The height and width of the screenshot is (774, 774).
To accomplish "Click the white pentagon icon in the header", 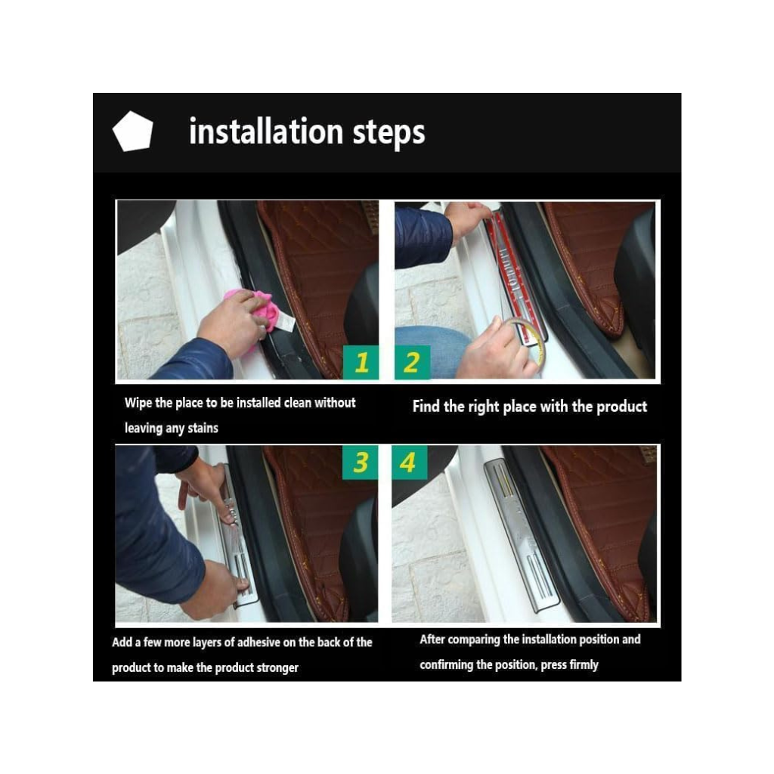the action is (x=133, y=132).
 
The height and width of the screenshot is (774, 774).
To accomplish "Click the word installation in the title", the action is (x=266, y=132).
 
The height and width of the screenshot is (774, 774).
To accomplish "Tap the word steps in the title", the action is (x=389, y=133).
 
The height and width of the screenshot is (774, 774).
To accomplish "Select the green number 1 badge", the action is (x=361, y=362).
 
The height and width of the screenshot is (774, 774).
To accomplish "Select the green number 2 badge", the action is (x=412, y=362).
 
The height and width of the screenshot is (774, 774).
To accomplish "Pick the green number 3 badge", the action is (x=361, y=463).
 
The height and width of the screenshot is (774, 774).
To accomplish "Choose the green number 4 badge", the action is (x=409, y=463).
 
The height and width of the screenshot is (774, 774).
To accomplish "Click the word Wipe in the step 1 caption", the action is (x=138, y=403).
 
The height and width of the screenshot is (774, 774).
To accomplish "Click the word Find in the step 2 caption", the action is (x=426, y=406).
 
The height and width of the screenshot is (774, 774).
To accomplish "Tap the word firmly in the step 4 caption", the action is (x=584, y=665).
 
